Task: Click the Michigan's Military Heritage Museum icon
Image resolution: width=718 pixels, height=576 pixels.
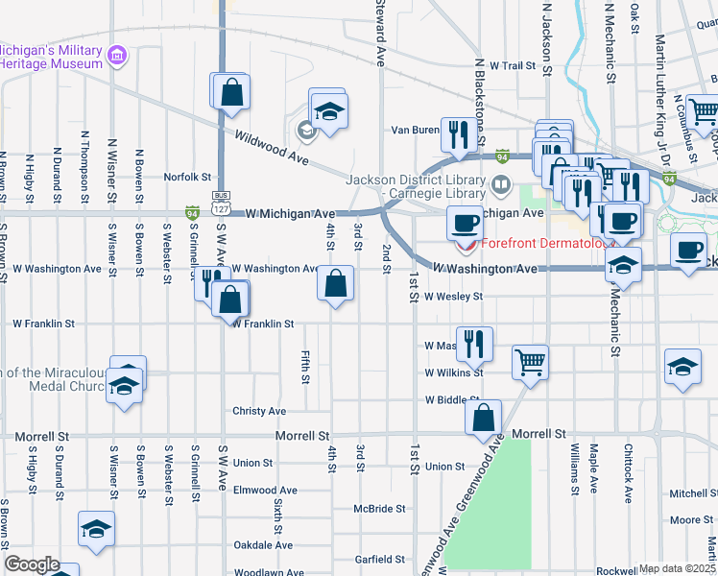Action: (x=117, y=56)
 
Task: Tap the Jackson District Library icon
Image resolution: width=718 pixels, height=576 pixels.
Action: (x=500, y=183)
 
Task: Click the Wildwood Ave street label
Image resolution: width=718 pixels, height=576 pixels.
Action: (x=270, y=149)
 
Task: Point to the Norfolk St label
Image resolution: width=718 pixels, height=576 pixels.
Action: (x=186, y=177)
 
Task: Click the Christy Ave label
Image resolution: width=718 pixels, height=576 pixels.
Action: (x=259, y=411)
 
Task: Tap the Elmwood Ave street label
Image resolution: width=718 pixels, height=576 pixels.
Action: (x=265, y=490)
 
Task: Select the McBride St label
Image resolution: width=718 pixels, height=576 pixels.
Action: (x=379, y=509)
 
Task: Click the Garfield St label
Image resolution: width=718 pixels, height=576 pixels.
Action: (x=380, y=559)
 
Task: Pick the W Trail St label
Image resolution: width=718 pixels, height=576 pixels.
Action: (x=511, y=66)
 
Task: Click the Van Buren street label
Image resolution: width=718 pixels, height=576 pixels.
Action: (x=415, y=130)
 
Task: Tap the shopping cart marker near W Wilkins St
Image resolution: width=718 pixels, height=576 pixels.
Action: (x=530, y=363)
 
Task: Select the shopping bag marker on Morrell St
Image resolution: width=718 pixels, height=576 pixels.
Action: (x=483, y=417)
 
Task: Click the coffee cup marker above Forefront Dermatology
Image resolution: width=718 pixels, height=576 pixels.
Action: (x=466, y=224)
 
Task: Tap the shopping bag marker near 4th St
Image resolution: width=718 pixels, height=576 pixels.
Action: (x=335, y=283)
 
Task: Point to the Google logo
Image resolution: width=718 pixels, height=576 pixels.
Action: (x=32, y=564)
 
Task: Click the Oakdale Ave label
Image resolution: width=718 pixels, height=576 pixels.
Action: (x=263, y=545)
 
